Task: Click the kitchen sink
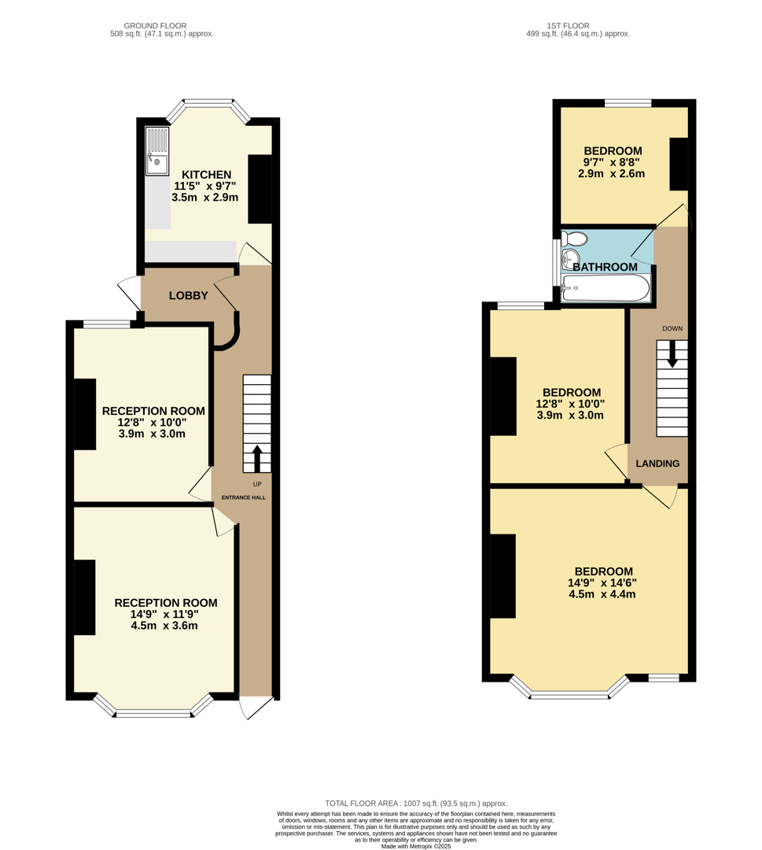coord(157,151)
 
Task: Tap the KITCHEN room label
coord(207,175)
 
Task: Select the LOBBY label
coord(189,296)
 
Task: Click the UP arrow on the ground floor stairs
coord(257,458)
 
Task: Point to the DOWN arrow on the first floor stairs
coord(672,353)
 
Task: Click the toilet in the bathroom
coord(575,238)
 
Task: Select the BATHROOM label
coord(605,268)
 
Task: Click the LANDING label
coord(657,464)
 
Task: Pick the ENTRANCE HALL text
coord(244,497)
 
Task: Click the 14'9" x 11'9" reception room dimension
coord(166,615)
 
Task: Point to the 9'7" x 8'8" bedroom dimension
coord(613,162)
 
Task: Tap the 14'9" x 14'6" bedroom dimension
coord(603,583)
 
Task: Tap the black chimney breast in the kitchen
coord(260,189)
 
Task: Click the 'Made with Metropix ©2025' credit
coord(416,846)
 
